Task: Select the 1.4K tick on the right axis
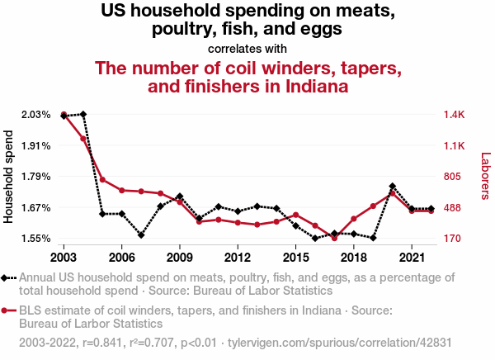(458, 114)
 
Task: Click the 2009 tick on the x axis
(180, 247)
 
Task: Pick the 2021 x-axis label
(411, 247)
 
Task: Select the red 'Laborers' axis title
(486, 176)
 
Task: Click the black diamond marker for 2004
(83, 114)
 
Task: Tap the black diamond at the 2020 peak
(393, 187)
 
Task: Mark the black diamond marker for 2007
(141, 235)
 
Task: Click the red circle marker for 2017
(334, 238)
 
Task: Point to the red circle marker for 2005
(102, 179)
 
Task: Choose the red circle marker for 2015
(295, 216)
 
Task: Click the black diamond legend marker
(7, 278)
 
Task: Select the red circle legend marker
(7, 310)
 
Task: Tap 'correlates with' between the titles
(247, 48)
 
